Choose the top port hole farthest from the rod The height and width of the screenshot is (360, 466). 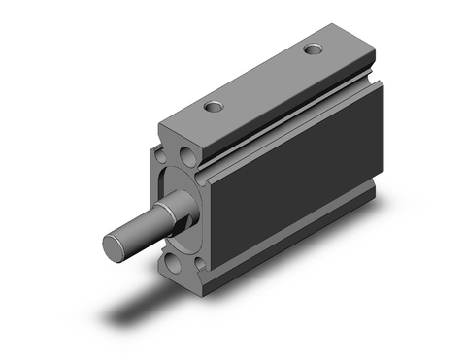pos(313,49)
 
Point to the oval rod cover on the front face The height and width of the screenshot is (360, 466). pos(179,209)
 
